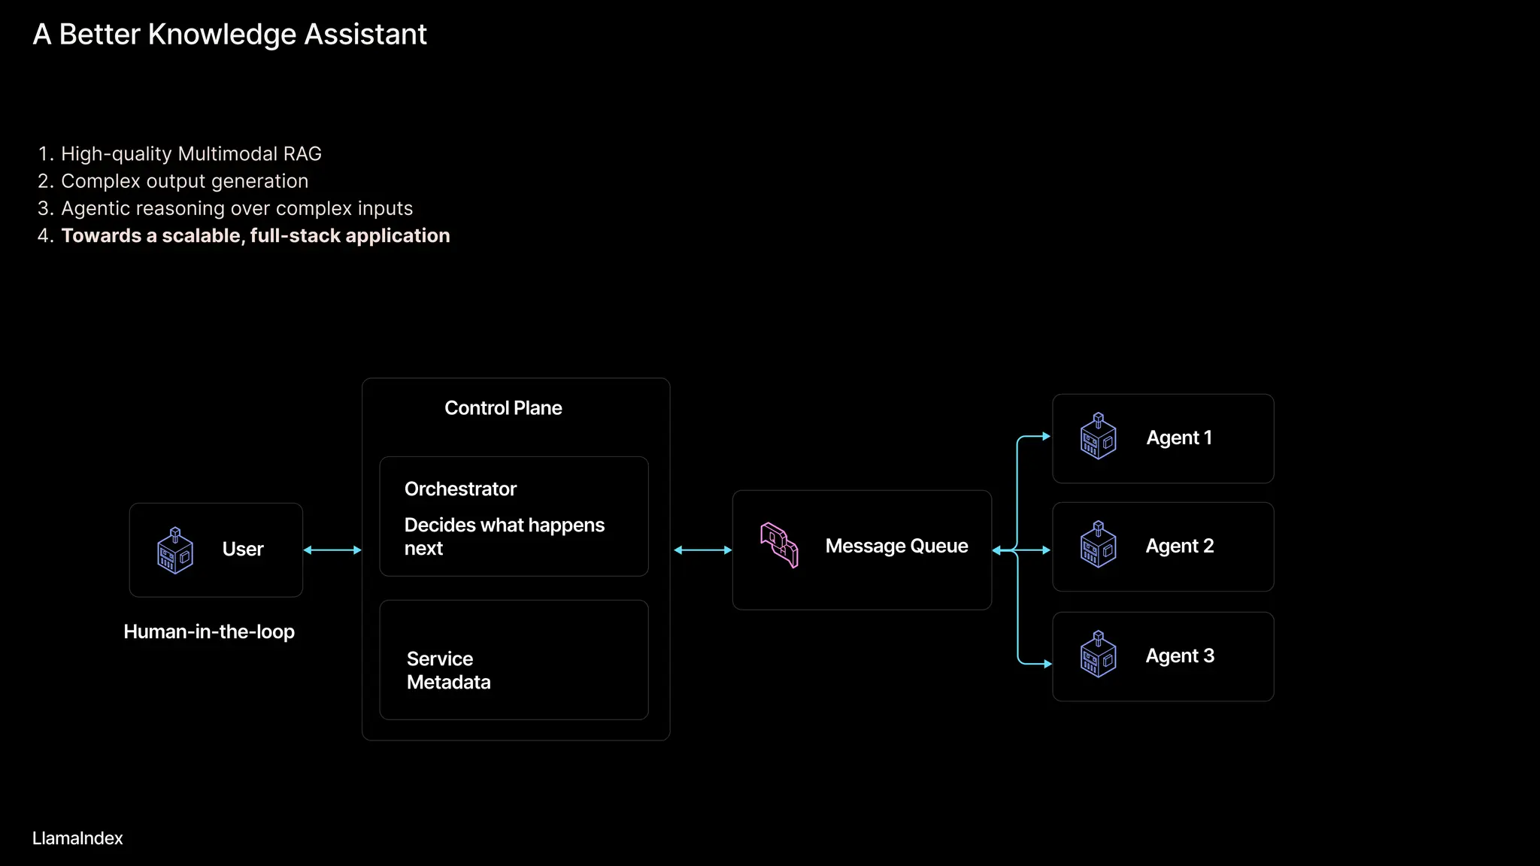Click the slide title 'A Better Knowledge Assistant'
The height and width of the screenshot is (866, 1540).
click(229, 35)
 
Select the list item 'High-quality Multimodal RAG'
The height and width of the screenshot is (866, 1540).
click(191, 154)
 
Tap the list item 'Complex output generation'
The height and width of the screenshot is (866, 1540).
click(184, 181)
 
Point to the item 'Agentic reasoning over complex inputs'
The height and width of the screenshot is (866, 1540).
click(237, 208)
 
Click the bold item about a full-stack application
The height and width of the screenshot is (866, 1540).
click(255, 236)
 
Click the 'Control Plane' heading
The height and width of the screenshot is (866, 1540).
click(503, 408)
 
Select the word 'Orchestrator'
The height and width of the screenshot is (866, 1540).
click(460, 489)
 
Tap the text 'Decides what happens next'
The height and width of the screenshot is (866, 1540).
click(504, 536)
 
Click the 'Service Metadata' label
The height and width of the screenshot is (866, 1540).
click(448, 671)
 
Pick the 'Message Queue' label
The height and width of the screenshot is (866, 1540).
click(896, 547)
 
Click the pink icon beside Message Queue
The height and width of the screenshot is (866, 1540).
click(779, 545)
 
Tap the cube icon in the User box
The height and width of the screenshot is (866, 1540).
click(175, 551)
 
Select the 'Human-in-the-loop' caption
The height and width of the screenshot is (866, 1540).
click(209, 632)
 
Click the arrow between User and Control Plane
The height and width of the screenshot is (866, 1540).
click(332, 550)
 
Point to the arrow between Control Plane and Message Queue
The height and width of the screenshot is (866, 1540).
click(702, 550)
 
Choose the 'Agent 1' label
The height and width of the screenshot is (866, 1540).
click(1178, 438)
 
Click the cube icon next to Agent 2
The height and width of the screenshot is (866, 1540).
click(1098, 544)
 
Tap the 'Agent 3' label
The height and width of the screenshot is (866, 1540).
click(1179, 656)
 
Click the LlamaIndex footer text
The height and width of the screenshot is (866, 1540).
click(77, 839)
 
